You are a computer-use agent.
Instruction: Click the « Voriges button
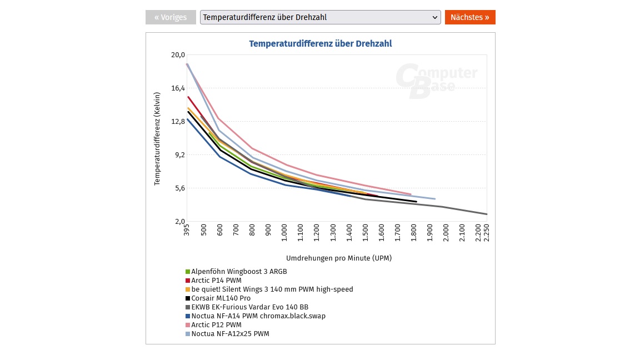tap(171, 17)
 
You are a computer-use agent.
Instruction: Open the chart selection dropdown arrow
tap(435, 17)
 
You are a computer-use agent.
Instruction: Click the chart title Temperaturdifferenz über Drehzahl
tap(321, 43)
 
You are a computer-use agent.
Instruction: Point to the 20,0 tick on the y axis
tap(178, 55)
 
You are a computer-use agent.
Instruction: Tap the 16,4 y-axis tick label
tap(178, 88)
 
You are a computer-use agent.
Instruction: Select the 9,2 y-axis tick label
tap(178, 155)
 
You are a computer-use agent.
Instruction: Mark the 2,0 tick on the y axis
tap(178, 222)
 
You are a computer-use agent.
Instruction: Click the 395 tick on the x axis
tap(187, 231)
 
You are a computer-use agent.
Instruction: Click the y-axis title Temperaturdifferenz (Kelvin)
tap(157, 139)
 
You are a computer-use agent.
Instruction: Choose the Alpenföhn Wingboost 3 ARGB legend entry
tap(239, 272)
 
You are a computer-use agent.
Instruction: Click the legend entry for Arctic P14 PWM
tap(216, 281)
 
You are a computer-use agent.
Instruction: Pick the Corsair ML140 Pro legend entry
tap(221, 298)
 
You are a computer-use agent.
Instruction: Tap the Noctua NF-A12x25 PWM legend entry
tap(230, 334)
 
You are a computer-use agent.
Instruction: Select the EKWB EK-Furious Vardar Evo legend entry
tap(249, 307)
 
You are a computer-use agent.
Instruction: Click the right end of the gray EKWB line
tap(486, 214)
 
